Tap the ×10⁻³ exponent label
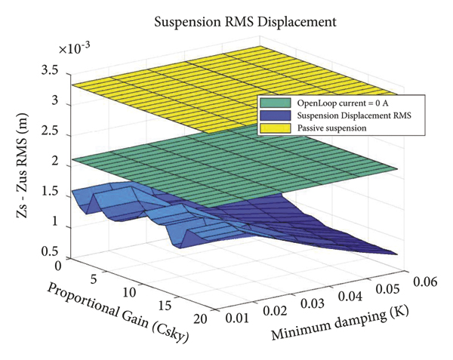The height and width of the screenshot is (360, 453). (75, 50)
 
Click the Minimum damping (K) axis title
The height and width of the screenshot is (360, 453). (339, 321)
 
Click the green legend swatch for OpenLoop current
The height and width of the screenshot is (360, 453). (269, 102)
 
